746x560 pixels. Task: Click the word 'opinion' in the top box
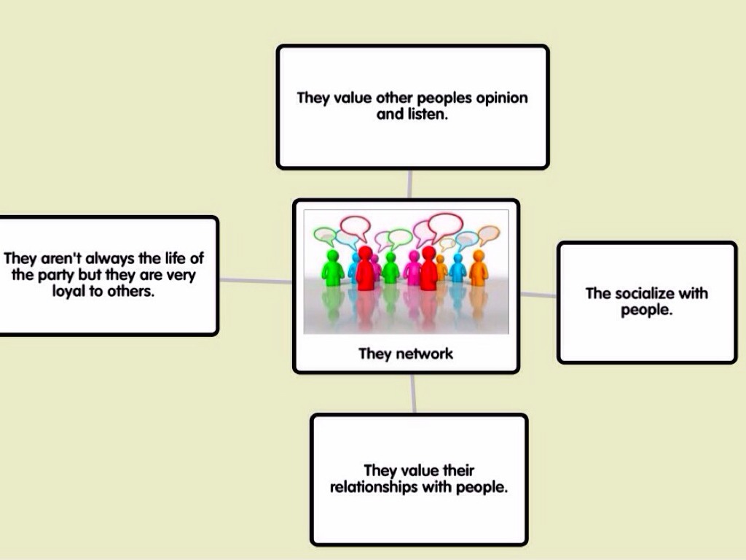click(x=502, y=98)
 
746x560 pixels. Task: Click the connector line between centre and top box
click(x=411, y=184)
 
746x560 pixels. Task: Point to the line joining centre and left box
click(x=255, y=281)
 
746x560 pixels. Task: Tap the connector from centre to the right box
click(x=538, y=295)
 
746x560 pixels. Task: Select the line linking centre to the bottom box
click(x=414, y=394)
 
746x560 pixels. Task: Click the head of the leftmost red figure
click(x=365, y=253)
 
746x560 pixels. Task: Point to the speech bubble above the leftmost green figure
click(x=324, y=236)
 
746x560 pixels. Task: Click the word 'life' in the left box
click(x=170, y=259)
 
